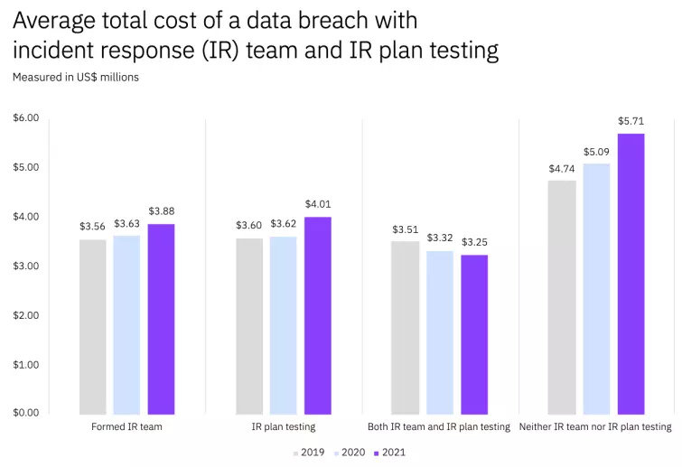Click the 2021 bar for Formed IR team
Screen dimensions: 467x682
pos(161,319)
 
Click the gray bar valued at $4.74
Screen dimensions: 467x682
pos(562,297)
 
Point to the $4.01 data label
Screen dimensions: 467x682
pos(318,205)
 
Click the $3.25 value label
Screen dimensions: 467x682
pos(474,243)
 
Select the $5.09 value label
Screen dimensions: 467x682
pos(596,152)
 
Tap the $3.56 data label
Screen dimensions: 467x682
pos(92,227)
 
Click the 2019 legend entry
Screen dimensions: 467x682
pos(308,452)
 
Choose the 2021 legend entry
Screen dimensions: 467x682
pos(389,452)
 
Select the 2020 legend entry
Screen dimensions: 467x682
pos(349,452)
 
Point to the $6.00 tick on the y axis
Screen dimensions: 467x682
pos(26,118)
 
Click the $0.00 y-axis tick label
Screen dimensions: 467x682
pos(26,413)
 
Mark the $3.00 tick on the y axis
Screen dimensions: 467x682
pos(26,266)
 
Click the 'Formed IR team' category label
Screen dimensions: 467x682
pos(126,426)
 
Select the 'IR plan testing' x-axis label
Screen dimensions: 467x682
pos(284,426)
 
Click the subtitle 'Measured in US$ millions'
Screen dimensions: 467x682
pos(76,78)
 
